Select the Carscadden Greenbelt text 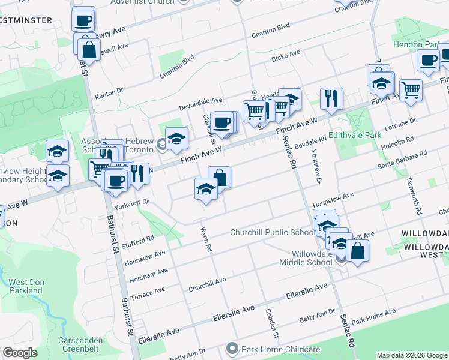(82, 344)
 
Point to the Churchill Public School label (272, 233)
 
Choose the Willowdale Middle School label (306, 258)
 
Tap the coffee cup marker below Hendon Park (429, 61)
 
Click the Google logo (20, 353)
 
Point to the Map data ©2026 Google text (411, 355)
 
